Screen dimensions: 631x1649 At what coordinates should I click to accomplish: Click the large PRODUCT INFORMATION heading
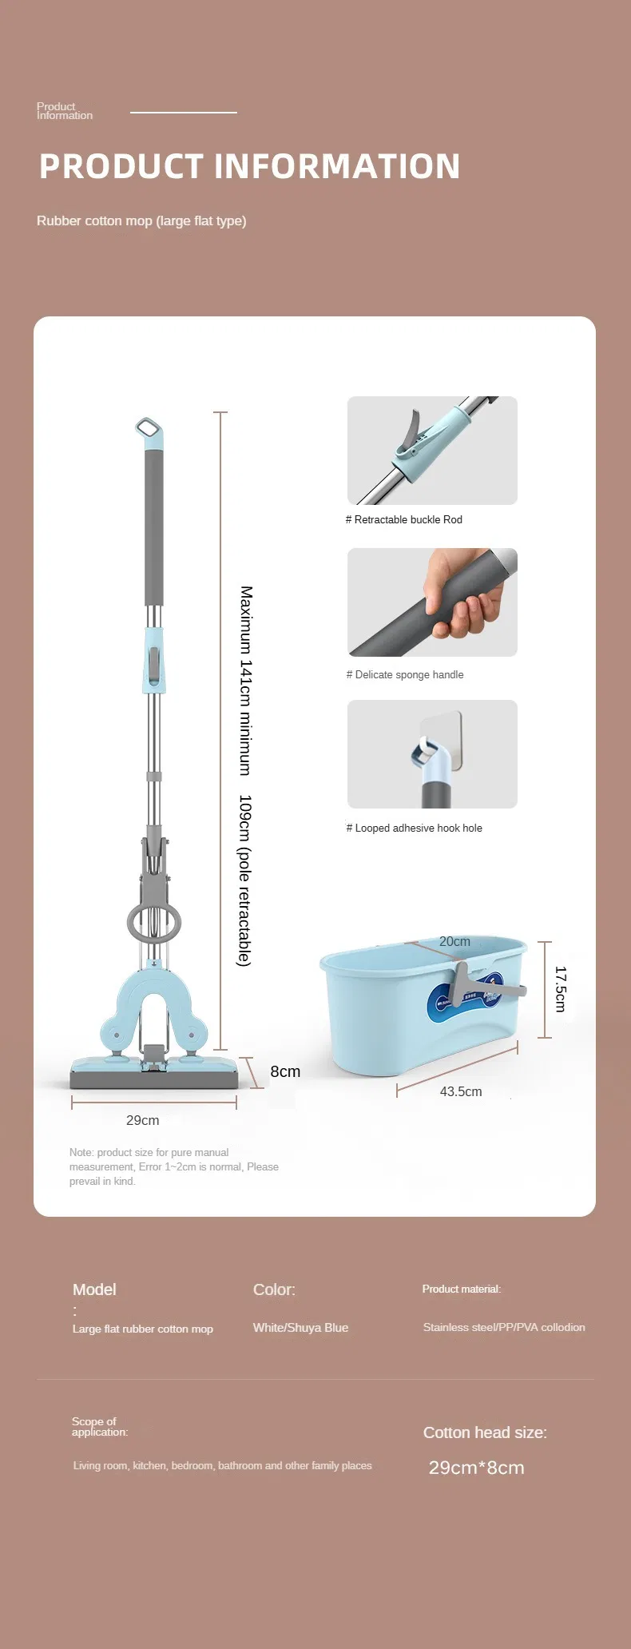(250, 166)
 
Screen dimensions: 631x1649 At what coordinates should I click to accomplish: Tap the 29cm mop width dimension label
(142, 1120)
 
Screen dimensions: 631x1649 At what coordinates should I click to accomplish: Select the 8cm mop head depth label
(285, 1071)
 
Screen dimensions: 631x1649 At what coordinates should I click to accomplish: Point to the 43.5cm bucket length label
(461, 1091)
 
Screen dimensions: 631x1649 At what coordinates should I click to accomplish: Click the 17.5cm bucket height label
(560, 989)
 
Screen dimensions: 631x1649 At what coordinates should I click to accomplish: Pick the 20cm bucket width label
(454, 941)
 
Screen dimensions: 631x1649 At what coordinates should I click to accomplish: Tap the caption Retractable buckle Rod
(404, 519)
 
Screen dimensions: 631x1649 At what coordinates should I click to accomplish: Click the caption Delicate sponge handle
(405, 674)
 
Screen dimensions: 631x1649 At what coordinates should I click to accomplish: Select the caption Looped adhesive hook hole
(414, 828)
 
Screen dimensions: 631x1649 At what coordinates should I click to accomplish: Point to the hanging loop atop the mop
(149, 431)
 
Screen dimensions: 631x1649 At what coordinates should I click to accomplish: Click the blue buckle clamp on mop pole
(154, 660)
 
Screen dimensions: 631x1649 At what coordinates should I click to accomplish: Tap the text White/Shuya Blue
(300, 1327)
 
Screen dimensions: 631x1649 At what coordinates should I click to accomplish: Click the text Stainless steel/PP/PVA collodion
(504, 1327)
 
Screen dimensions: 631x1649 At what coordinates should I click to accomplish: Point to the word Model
(94, 1289)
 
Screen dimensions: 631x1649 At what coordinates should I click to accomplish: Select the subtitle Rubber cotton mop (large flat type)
(141, 221)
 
